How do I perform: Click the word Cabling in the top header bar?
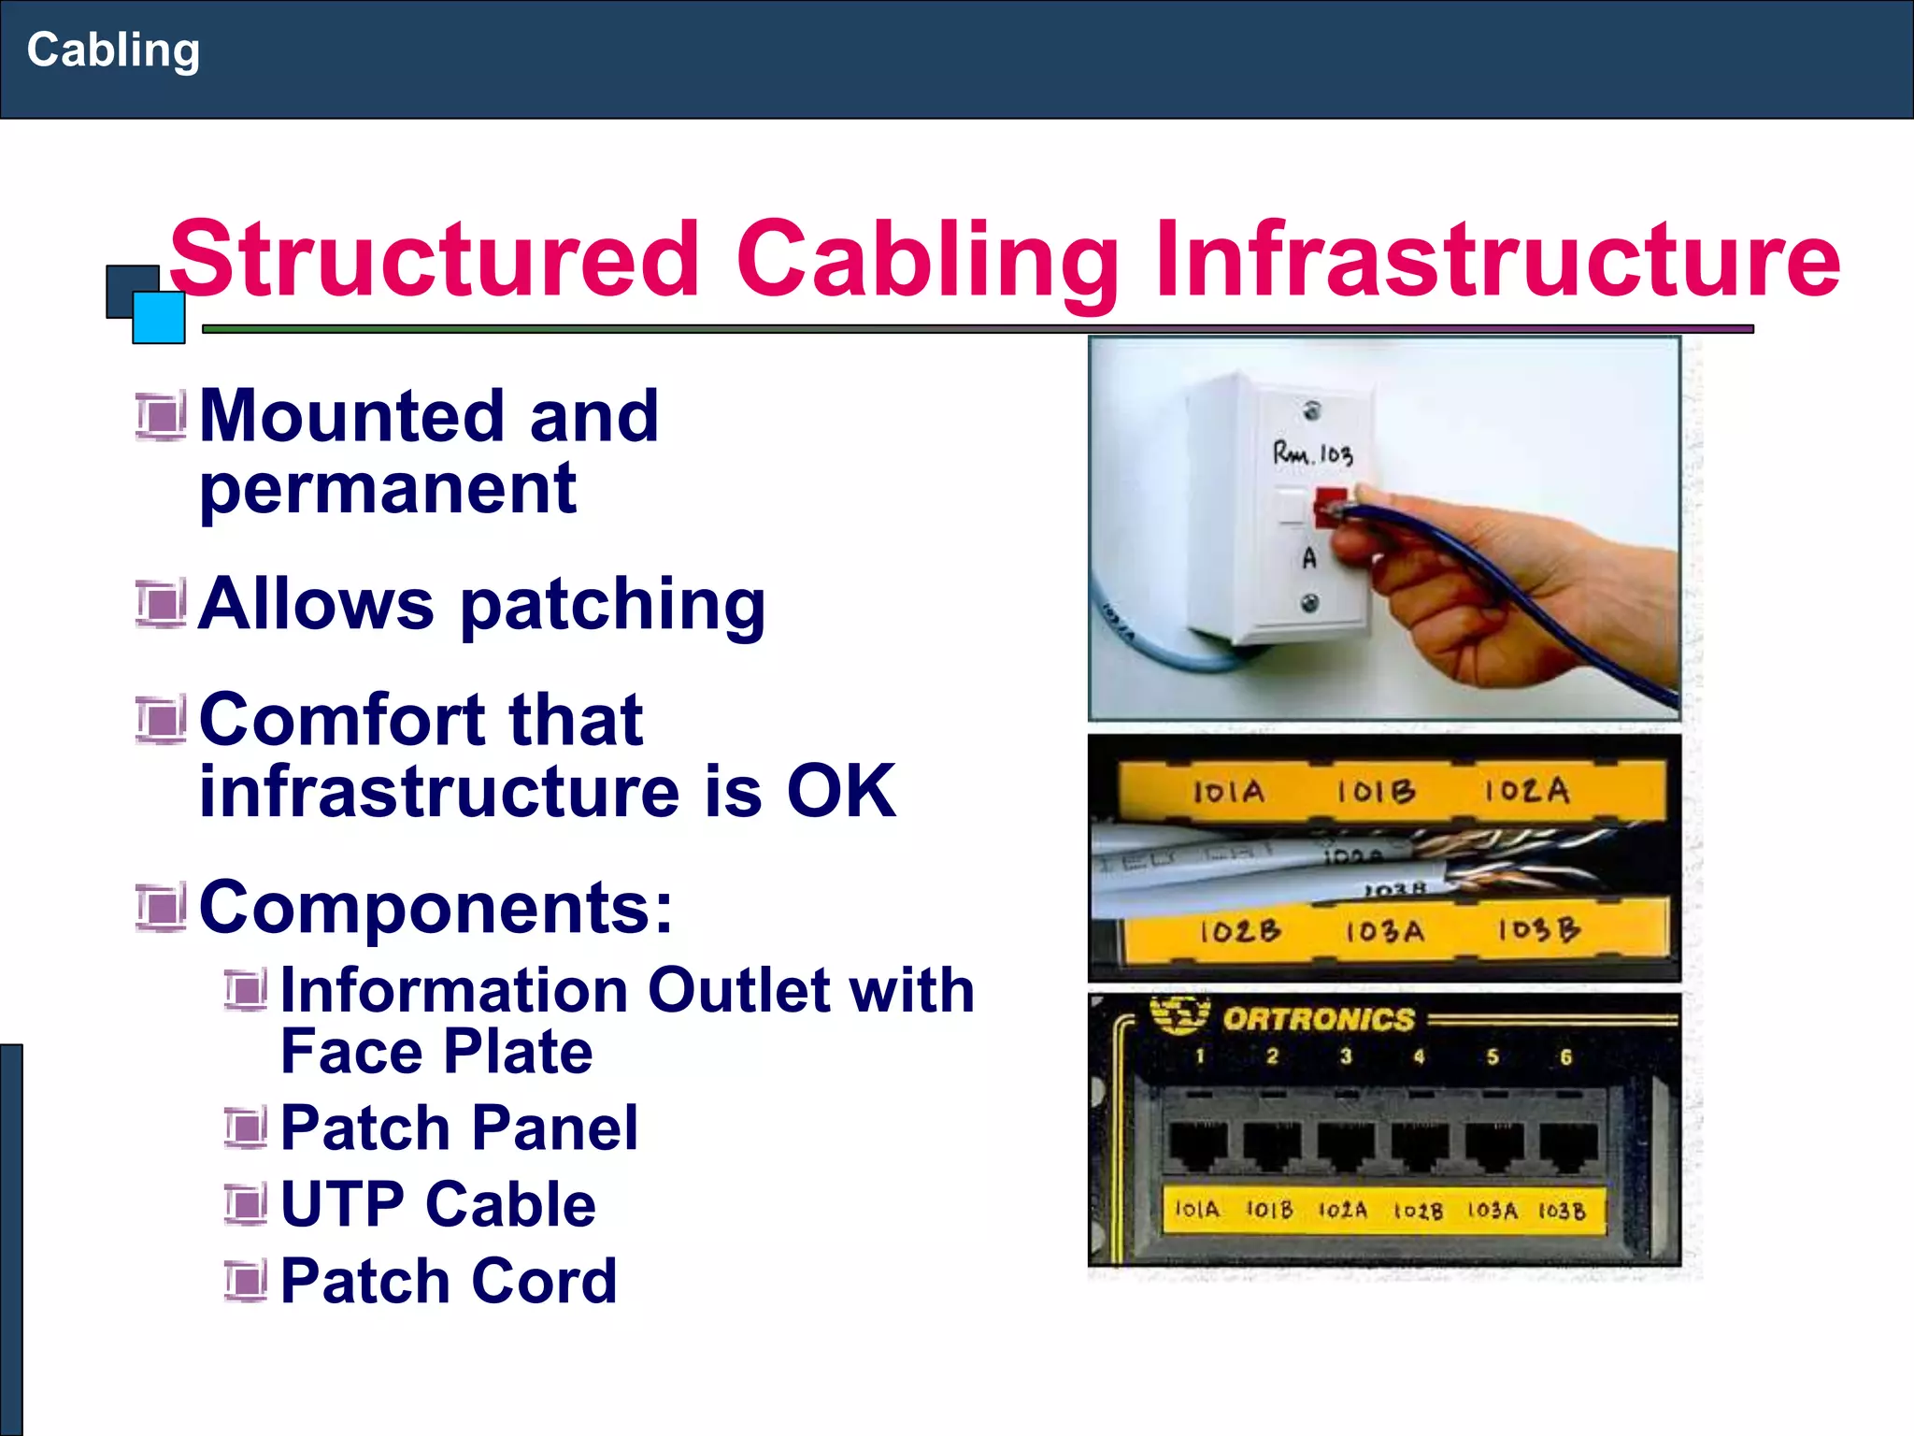[113, 50]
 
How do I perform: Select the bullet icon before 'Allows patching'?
[161, 604]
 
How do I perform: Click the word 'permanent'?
[388, 488]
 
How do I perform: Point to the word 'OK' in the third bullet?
[841, 791]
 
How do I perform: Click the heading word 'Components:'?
[436, 907]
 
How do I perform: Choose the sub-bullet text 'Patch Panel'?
[459, 1127]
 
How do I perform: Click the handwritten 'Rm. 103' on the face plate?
[1312, 454]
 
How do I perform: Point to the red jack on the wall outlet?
[1328, 505]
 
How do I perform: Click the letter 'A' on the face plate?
[1309, 558]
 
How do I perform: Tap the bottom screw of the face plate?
[1310, 603]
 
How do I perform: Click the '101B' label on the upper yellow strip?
[1375, 792]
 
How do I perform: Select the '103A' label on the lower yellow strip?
[1384, 931]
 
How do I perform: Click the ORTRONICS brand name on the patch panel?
[1318, 1019]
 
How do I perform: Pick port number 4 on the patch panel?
[1419, 1057]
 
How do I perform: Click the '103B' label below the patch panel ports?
[1562, 1211]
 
